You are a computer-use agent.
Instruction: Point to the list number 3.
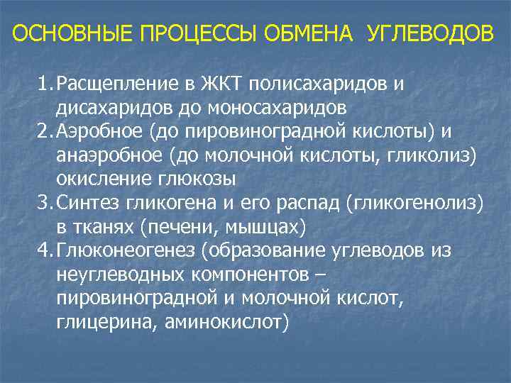pos(44,205)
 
